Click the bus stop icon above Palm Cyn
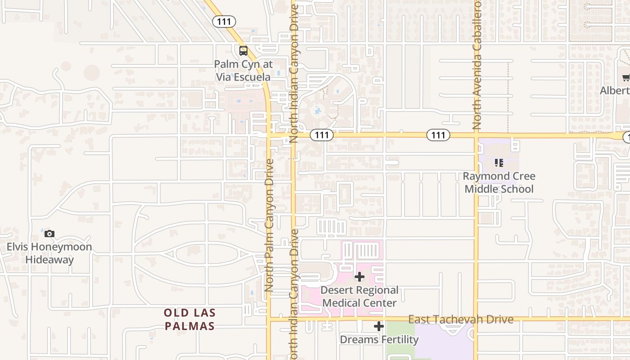243,51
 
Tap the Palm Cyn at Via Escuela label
243,71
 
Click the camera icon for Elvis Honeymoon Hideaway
49,234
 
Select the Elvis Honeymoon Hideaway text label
49,253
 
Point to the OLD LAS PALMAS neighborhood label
189,319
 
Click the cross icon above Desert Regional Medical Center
360,277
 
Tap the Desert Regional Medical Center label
360,297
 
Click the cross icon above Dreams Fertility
379,326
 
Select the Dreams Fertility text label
379,339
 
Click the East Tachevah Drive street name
460,319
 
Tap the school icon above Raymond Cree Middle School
499,162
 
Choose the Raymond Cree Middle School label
499,182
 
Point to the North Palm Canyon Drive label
270,225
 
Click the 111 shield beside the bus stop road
224,22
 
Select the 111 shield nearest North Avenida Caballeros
438,135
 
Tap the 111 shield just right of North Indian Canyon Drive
322,135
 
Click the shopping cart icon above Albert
626,78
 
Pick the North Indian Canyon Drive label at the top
294,72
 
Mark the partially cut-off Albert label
615,90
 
